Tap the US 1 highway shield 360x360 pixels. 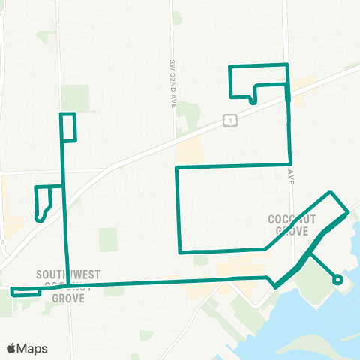click(x=230, y=119)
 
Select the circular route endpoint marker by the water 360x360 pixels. click(x=337, y=280)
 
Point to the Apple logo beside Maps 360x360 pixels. click(x=12, y=348)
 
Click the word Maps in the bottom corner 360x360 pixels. click(x=33, y=348)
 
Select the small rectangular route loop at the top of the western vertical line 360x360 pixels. click(x=68, y=127)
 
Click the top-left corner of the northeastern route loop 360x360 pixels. click(x=229, y=67)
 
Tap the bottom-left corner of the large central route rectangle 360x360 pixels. click(x=178, y=251)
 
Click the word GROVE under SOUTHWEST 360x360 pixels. click(x=67, y=297)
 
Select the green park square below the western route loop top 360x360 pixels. click(x=109, y=239)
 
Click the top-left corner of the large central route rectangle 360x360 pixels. click(x=177, y=167)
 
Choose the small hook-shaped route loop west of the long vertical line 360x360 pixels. click(x=43, y=202)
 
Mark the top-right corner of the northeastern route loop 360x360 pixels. click(x=286, y=66)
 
